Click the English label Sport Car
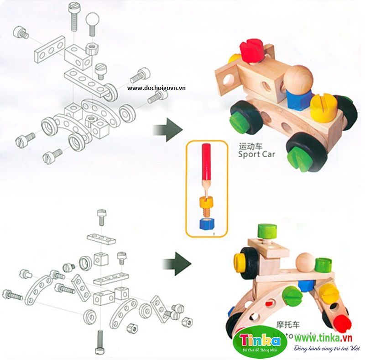[x=257, y=154]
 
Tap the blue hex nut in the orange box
[x=206, y=224]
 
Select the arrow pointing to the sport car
[x=168, y=127]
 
